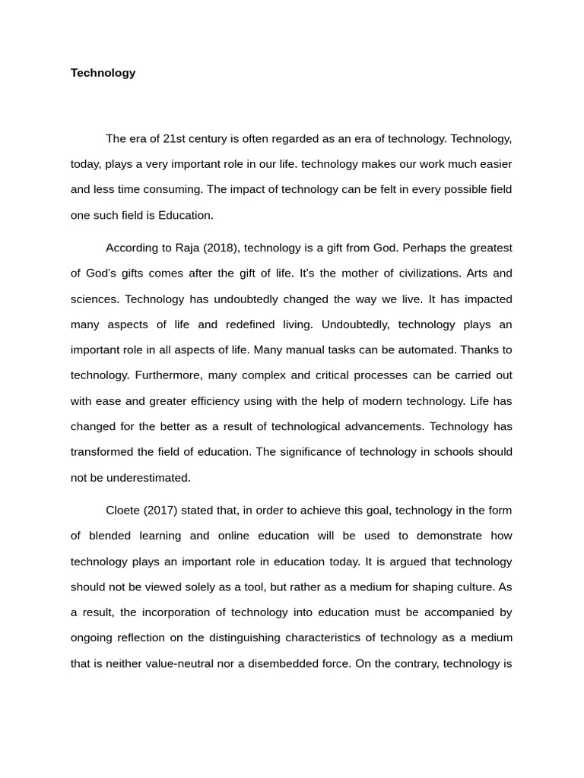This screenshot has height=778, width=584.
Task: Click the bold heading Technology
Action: [x=103, y=73]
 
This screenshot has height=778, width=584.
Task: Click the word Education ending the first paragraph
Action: [x=186, y=215]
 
